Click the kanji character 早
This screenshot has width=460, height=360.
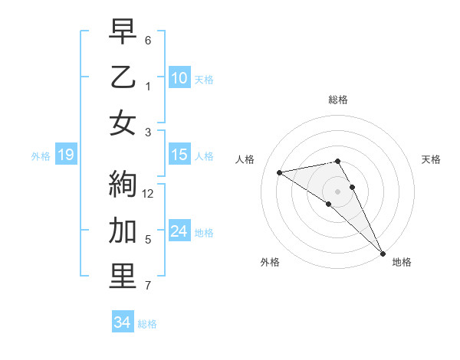tap(123, 31)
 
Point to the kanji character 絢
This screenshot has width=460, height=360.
tap(123, 184)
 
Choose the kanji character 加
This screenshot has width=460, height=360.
tap(123, 230)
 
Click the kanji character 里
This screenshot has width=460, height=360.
tap(123, 277)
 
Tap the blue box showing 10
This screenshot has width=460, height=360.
tap(179, 78)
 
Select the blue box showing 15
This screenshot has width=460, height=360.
tap(179, 155)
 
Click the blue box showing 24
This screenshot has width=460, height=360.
tap(179, 231)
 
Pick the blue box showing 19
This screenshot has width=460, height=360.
tap(65, 155)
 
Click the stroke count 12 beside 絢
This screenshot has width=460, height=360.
tap(149, 194)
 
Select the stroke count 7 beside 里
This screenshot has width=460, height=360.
tap(148, 286)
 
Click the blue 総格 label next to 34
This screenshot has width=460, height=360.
tap(148, 324)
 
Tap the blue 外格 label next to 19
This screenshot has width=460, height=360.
tap(41, 156)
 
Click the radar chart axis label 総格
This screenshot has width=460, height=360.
tap(338, 100)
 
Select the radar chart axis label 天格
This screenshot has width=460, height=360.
tap(432, 159)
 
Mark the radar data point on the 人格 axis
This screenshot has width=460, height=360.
tap(279, 172)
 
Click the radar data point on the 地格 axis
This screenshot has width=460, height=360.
tap(381, 253)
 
